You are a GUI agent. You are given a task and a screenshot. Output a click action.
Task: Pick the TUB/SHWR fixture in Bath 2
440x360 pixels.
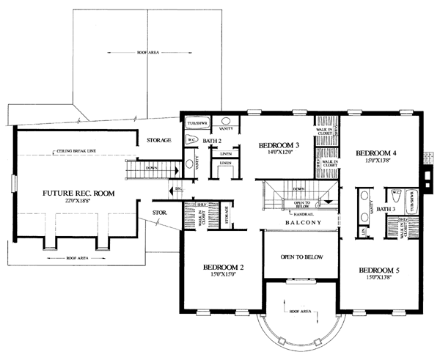tap(197, 121)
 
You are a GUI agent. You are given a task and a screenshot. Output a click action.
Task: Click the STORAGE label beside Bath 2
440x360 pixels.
tap(158, 139)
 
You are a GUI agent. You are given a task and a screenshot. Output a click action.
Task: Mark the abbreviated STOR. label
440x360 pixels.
tap(161, 213)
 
